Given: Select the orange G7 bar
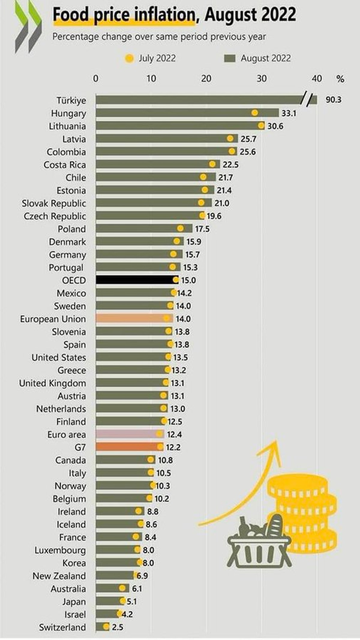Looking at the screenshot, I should click(129, 447).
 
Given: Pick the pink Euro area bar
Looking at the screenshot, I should click(129, 434).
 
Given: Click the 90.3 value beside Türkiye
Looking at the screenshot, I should click(333, 100).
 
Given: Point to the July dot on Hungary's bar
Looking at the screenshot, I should click(255, 113).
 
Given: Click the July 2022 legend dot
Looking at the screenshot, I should click(129, 58).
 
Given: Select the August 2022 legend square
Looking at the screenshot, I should click(229, 58).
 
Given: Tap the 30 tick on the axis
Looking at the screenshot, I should click(261, 79).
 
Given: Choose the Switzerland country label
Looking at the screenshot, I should click(62, 627).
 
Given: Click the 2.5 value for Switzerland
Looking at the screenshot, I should click(117, 627).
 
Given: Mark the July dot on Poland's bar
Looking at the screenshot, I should click(180, 229).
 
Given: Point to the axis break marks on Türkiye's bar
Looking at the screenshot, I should click(307, 100).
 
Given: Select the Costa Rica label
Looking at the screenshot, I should click(65, 165).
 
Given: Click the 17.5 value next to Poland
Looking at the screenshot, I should click(202, 229).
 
